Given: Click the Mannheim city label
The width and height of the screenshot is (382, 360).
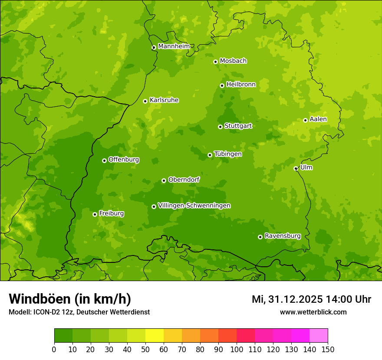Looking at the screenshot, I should point(174,46).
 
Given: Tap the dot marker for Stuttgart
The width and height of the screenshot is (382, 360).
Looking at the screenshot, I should point(220,127).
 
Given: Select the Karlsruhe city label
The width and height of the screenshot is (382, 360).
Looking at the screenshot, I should point(164,100).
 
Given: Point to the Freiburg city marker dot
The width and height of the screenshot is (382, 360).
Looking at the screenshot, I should point(95,214).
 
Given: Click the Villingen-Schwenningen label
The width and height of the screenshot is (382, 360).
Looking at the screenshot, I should point(194,206).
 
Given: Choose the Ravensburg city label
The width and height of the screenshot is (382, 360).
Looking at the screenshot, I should point(282,236).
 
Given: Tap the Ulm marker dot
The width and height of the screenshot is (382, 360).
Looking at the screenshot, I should point(296,168).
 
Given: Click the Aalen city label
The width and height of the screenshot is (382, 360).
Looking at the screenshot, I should point(318,119).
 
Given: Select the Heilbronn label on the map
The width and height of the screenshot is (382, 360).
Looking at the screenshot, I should point(240,85).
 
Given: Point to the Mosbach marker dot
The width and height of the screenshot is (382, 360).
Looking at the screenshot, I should point(215,62).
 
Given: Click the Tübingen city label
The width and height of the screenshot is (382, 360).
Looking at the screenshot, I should point(227,154).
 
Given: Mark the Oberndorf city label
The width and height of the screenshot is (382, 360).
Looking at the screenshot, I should point(184,180).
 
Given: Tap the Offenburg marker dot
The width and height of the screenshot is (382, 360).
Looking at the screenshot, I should point(104,160).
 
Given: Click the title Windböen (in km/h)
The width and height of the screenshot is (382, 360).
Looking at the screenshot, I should point(69,299).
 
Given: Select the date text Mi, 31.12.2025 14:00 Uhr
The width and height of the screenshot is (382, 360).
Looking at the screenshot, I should point(311,299).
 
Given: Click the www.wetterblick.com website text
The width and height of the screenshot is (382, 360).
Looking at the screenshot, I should point(313,312).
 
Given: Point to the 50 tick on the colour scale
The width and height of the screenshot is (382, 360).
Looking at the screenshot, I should point(145,350).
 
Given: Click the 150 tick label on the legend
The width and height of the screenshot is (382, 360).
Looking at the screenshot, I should point(328,350).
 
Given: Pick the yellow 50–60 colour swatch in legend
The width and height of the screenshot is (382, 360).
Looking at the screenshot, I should point(155,335).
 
